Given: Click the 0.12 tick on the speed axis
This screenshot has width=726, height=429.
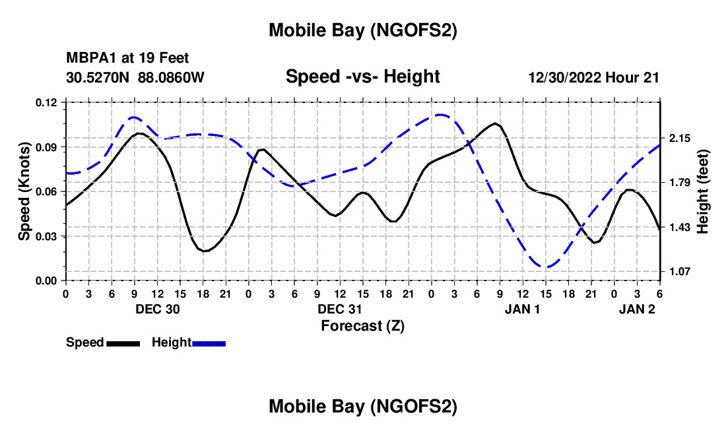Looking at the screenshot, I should (x=48, y=102).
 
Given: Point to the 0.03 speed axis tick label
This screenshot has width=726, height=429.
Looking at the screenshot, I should (x=48, y=236).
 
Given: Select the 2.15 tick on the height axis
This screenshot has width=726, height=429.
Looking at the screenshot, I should (x=679, y=139).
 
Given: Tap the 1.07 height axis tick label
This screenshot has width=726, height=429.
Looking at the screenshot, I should (x=679, y=271).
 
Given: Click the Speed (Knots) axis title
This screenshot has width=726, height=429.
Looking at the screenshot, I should (x=24, y=191).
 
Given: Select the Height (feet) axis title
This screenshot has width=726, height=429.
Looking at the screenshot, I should (x=704, y=191).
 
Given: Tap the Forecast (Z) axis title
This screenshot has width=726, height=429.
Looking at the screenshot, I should (x=362, y=325).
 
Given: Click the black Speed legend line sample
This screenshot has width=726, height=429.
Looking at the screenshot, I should (x=123, y=343).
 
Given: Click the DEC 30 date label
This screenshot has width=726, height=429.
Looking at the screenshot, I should (x=158, y=309).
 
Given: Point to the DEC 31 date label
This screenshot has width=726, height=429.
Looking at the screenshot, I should (x=340, y=309).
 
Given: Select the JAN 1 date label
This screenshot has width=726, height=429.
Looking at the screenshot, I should (x=523, y=309).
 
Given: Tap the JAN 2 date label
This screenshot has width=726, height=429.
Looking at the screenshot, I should (x=637, y=309).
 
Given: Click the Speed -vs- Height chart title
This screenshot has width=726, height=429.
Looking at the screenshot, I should (x=362, y=77).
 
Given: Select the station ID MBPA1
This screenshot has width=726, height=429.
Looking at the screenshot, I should (x=90, y=59).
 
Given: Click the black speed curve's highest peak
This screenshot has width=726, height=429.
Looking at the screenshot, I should (x=494, y=123).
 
